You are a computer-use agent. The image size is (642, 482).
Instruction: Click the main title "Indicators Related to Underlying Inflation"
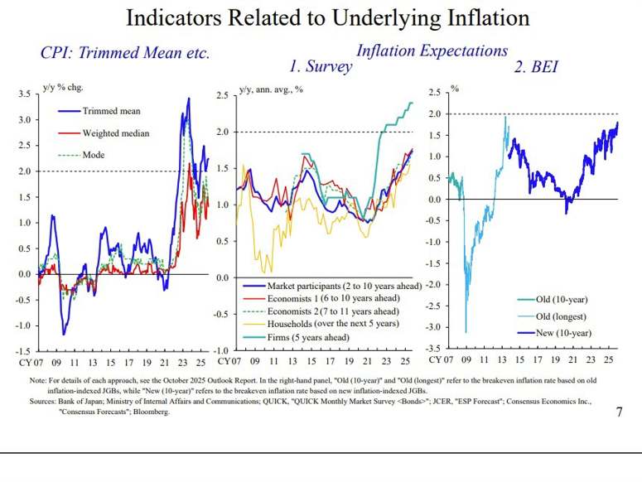click(x=327, y=17)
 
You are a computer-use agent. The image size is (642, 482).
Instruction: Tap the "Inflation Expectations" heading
click(x=432, y=51)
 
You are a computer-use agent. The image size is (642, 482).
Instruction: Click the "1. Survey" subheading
click(x=320, y=67)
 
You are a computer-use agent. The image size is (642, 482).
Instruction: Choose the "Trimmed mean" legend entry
click(x=111, y=111)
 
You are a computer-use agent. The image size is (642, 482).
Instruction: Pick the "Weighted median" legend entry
click(x=115, y=133)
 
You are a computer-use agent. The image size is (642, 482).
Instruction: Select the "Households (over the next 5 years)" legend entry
click(x=320, y=325)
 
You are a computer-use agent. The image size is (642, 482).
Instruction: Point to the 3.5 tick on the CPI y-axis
click(x=22, y=94)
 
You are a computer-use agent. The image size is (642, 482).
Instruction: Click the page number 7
click(x=619, y=412)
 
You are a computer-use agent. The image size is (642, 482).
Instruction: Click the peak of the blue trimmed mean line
click(x=189, y=99)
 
